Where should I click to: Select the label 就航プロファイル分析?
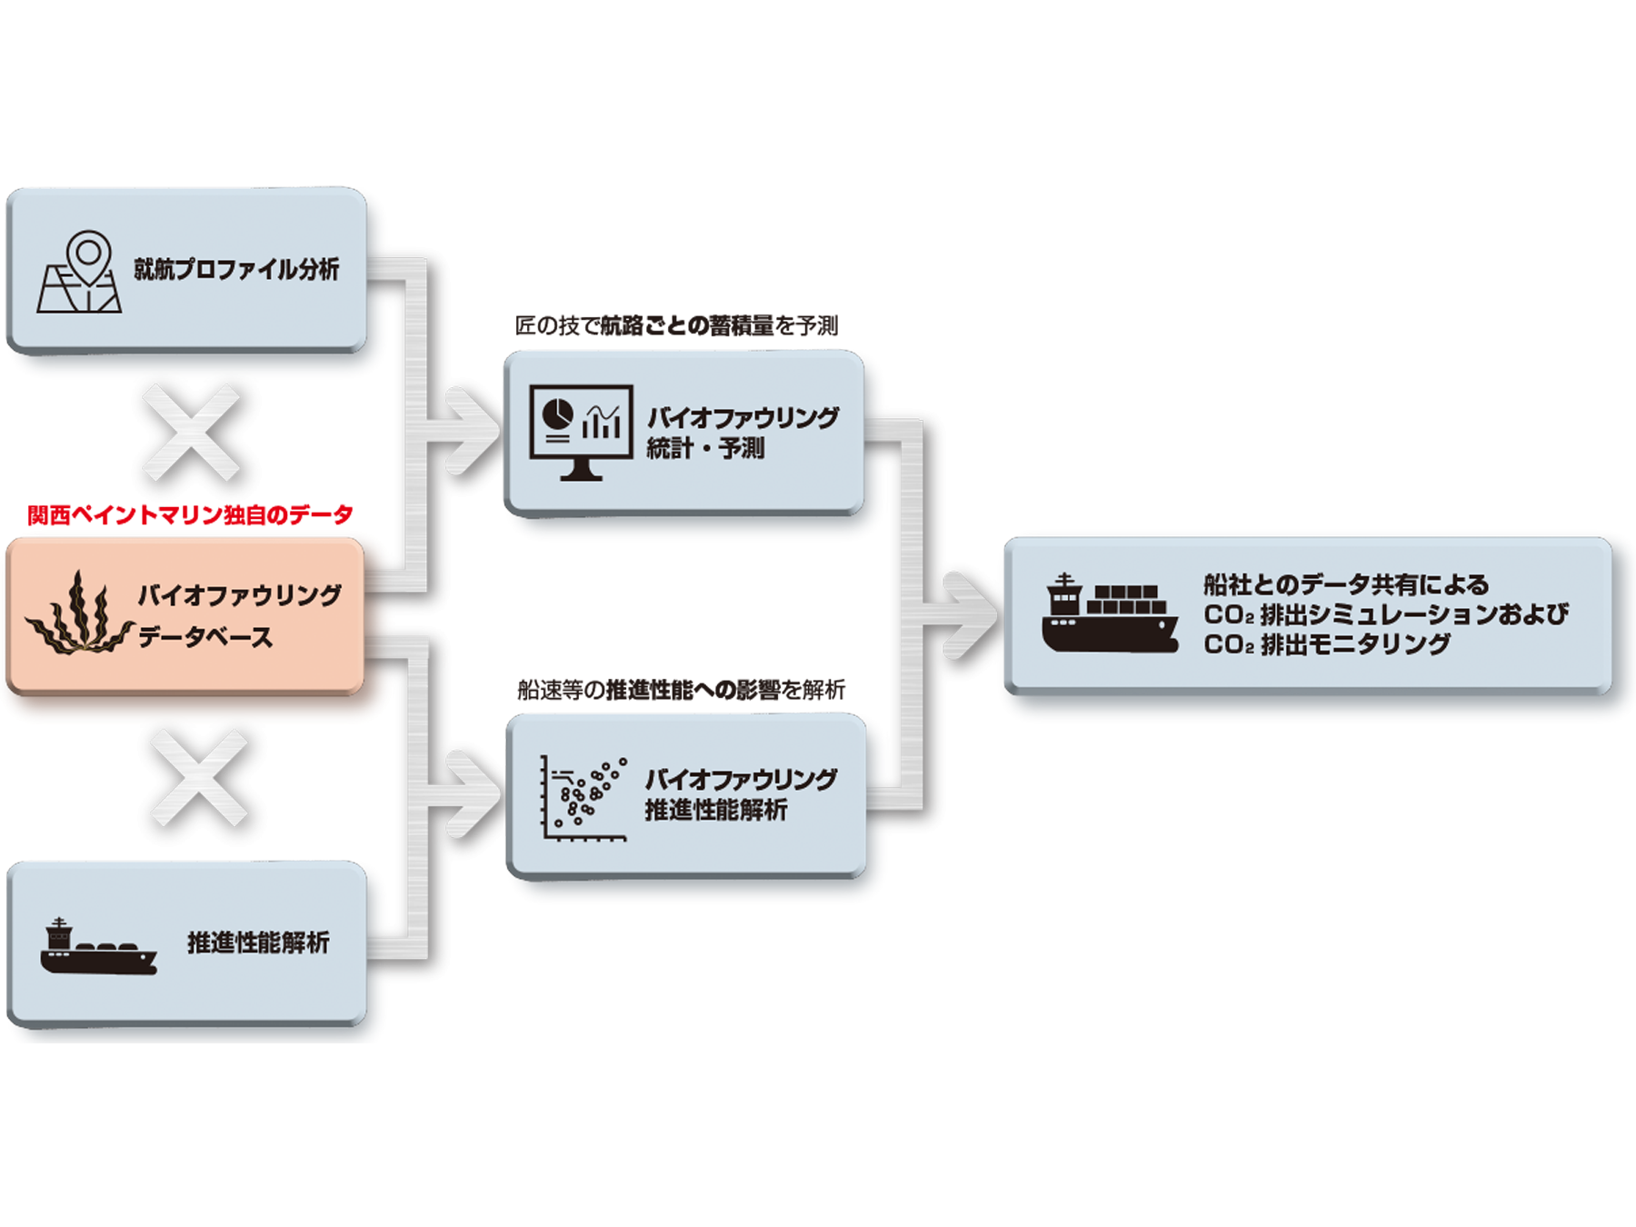click(x=236, y=270)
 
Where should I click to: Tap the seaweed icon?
click(x=77, y=614)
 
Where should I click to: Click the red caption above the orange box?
click(x=190, y=515)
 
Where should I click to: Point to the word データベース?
click(x=205, y=637)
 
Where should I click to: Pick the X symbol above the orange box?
click(x=193, y=432)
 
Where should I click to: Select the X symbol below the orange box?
click(x=199, y=775)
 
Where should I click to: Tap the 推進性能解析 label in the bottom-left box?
click(x=258, y=943)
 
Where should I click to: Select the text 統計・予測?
click(x=705, y=448)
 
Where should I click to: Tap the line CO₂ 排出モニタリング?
click(x=1327, y=644)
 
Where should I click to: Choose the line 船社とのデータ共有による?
click(x=1347, y=584)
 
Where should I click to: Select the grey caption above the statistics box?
click(x=675, y=325)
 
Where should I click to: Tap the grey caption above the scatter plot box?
click(x=682, y=689)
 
